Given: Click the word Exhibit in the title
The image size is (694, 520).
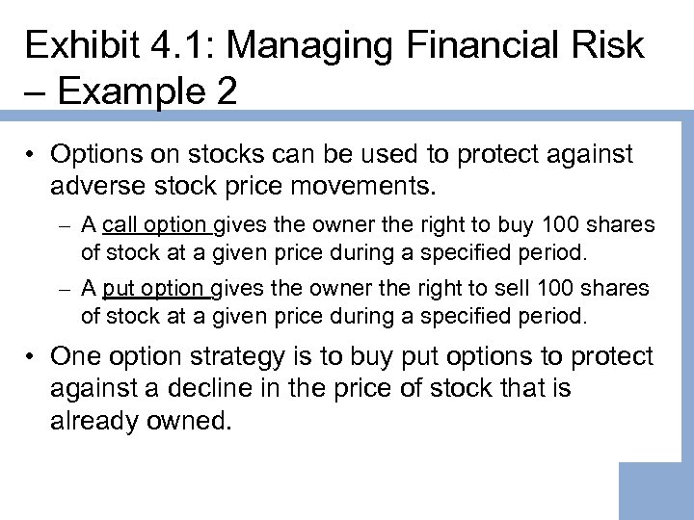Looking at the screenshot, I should tap(81, 46).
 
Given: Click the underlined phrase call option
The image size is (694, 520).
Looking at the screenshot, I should tap(154, 226).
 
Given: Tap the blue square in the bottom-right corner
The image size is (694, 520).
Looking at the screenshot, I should tap(655, 491).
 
